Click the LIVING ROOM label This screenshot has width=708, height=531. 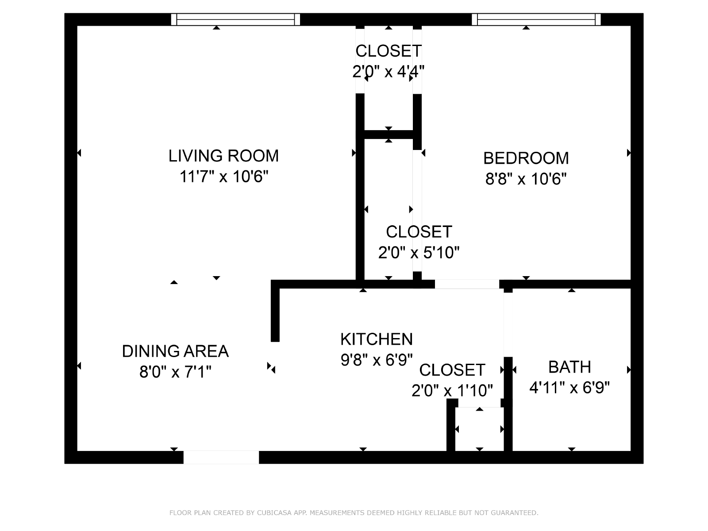(x=223, y=156)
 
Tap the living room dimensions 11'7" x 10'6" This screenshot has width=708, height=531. (x=224, y=177)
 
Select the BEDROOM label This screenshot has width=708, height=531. (x=526, y=158)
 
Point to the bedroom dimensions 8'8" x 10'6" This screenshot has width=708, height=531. (x=526, y=179)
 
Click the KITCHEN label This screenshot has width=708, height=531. (x=377, y=339)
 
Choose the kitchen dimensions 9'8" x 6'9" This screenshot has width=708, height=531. (x=377, y=360)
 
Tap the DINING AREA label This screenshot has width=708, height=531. (x=175, y=351)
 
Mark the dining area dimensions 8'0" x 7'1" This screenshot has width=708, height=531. (x=175, y=372)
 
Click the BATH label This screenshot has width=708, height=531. (x=569, y=367)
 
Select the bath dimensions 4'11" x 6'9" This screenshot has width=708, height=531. (x=569, y=388)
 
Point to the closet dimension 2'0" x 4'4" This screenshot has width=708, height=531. (x=389, y=71)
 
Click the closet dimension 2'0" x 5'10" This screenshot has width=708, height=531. (x=419, y=252)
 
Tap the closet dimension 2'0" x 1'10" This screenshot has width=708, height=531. (x=452, y=390)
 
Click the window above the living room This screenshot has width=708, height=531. (x=235, y=19)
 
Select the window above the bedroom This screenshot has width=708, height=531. (x=536, y=19)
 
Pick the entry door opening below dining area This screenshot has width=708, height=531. (x=221, y=457)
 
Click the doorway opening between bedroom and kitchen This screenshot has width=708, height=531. (x=467, y=284)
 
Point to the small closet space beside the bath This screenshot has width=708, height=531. (x=479, y=429)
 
